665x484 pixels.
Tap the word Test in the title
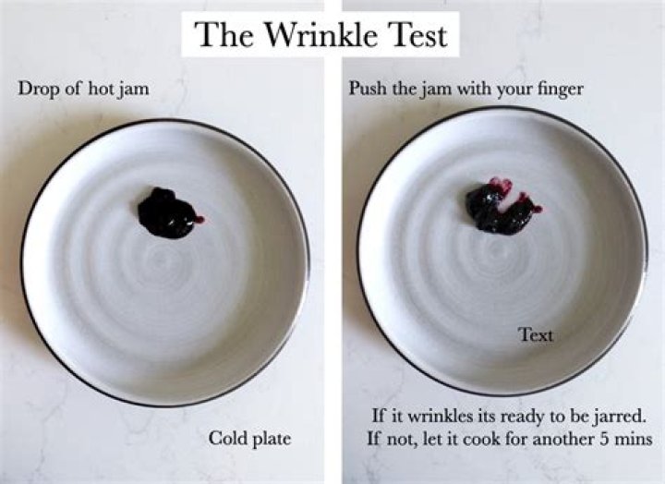tap(417, 34)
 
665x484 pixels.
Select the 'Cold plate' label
tap(249, 438)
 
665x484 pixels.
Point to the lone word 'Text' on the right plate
tap(536, 334)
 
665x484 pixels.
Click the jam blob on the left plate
tap(166, 212)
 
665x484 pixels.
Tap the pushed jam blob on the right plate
tap(499, 211)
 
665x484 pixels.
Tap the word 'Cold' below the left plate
tap(226, 438)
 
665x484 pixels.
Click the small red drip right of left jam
tap(199, 220)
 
